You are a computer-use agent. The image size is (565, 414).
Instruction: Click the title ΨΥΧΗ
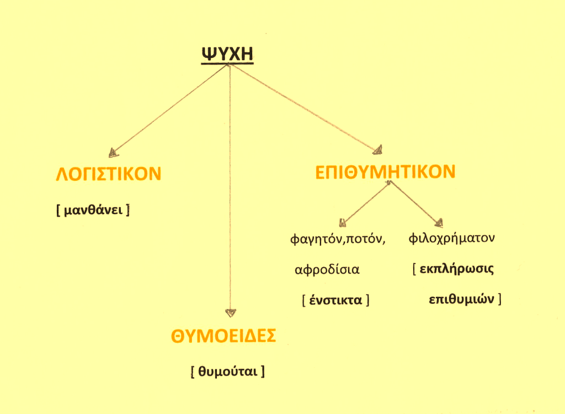click(x=227, y=53)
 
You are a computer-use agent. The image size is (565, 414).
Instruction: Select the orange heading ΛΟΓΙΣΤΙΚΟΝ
click(x=109, y=174)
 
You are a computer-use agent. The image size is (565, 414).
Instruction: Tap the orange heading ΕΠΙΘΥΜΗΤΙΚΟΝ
click(x=385, y=172)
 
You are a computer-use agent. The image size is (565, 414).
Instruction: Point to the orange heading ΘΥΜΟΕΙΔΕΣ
click(x=223, y=336)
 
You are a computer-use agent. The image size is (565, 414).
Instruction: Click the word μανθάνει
click(x=93, y=209)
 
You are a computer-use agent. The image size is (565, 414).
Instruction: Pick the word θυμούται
click(x=228, y=371)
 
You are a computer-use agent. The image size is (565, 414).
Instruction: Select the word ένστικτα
click(x=335, y=300)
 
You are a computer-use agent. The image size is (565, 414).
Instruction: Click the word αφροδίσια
click(x=327, y=269)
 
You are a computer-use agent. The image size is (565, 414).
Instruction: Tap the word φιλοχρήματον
click(x=451, y=238)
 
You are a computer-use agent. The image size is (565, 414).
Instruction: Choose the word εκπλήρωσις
click(x=456, y=269)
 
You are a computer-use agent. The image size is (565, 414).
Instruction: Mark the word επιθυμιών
click(x=461, y=299)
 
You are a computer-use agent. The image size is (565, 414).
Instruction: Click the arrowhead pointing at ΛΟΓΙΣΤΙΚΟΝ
click(x=113, y=153)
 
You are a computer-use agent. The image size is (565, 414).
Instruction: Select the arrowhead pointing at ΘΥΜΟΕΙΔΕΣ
click(x=231, y=313)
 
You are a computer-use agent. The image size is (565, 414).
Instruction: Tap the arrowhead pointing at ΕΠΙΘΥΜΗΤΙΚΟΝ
click(x=378, y=150)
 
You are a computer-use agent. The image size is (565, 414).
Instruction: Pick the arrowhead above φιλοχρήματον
click(x=439, y=223)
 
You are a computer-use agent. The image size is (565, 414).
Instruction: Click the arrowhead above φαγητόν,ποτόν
click(x=342, y=223)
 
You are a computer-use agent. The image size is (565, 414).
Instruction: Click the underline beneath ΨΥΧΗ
click(x=227, y=64)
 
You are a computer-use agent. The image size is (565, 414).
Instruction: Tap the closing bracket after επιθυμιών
click(x=499, y=299)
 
